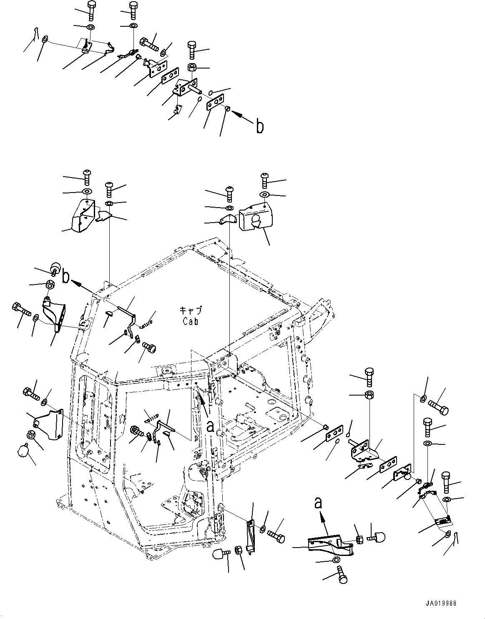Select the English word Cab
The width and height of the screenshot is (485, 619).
pos(190,321)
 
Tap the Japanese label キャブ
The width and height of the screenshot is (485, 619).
pos(190,311)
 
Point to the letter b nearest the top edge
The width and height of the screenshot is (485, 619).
pos(259,126)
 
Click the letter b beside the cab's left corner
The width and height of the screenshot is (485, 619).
pos(66,278)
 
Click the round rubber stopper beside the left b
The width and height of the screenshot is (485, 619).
pos(55,267)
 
